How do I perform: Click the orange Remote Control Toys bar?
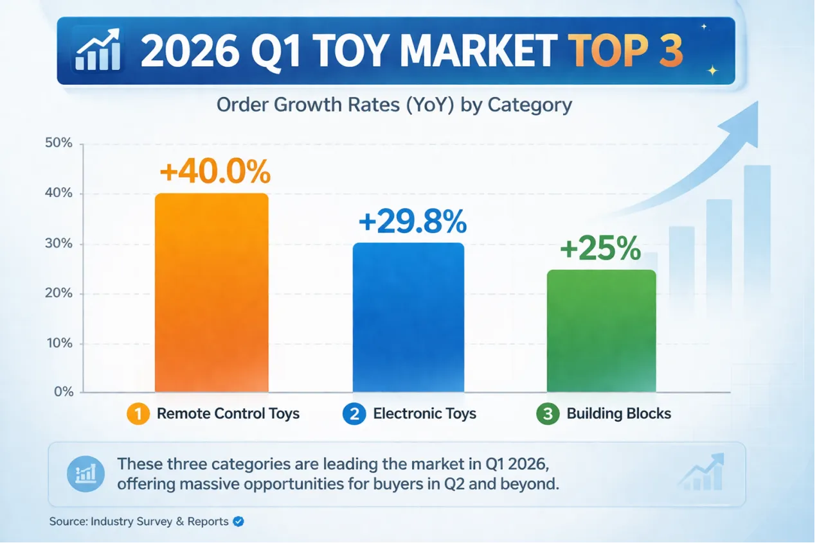[211, 293]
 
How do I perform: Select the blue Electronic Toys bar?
[408, 318]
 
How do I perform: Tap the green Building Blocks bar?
[601, 331]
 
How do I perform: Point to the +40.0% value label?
[215, 173]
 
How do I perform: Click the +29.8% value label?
[412, 223]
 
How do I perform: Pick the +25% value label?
[600, 249]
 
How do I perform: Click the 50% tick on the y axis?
[59, 143]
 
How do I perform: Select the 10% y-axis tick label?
[59, 343]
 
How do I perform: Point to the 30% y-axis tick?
[59, 244]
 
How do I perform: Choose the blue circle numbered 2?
[353, 413]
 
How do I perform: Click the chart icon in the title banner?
[97, 50]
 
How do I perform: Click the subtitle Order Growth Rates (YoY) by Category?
[394, 105]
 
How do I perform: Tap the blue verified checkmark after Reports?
[238, 521]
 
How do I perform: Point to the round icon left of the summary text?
[85, 474]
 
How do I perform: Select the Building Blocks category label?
[618, 413]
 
